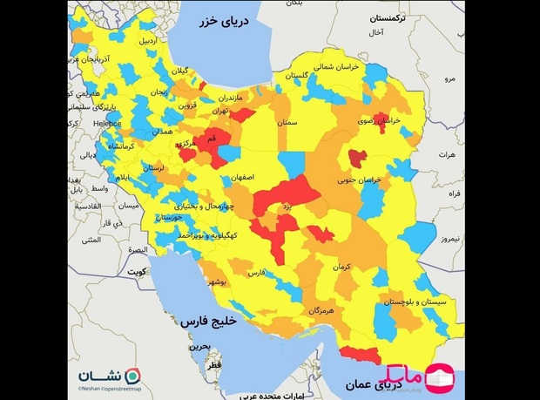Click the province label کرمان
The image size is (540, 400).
(x=341, y=267)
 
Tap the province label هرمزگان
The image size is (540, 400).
(x=321, y=310)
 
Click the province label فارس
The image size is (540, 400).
(x=256, y=273)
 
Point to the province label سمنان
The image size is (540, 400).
(x=288, y=123)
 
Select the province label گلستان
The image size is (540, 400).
(x=296, y=76)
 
